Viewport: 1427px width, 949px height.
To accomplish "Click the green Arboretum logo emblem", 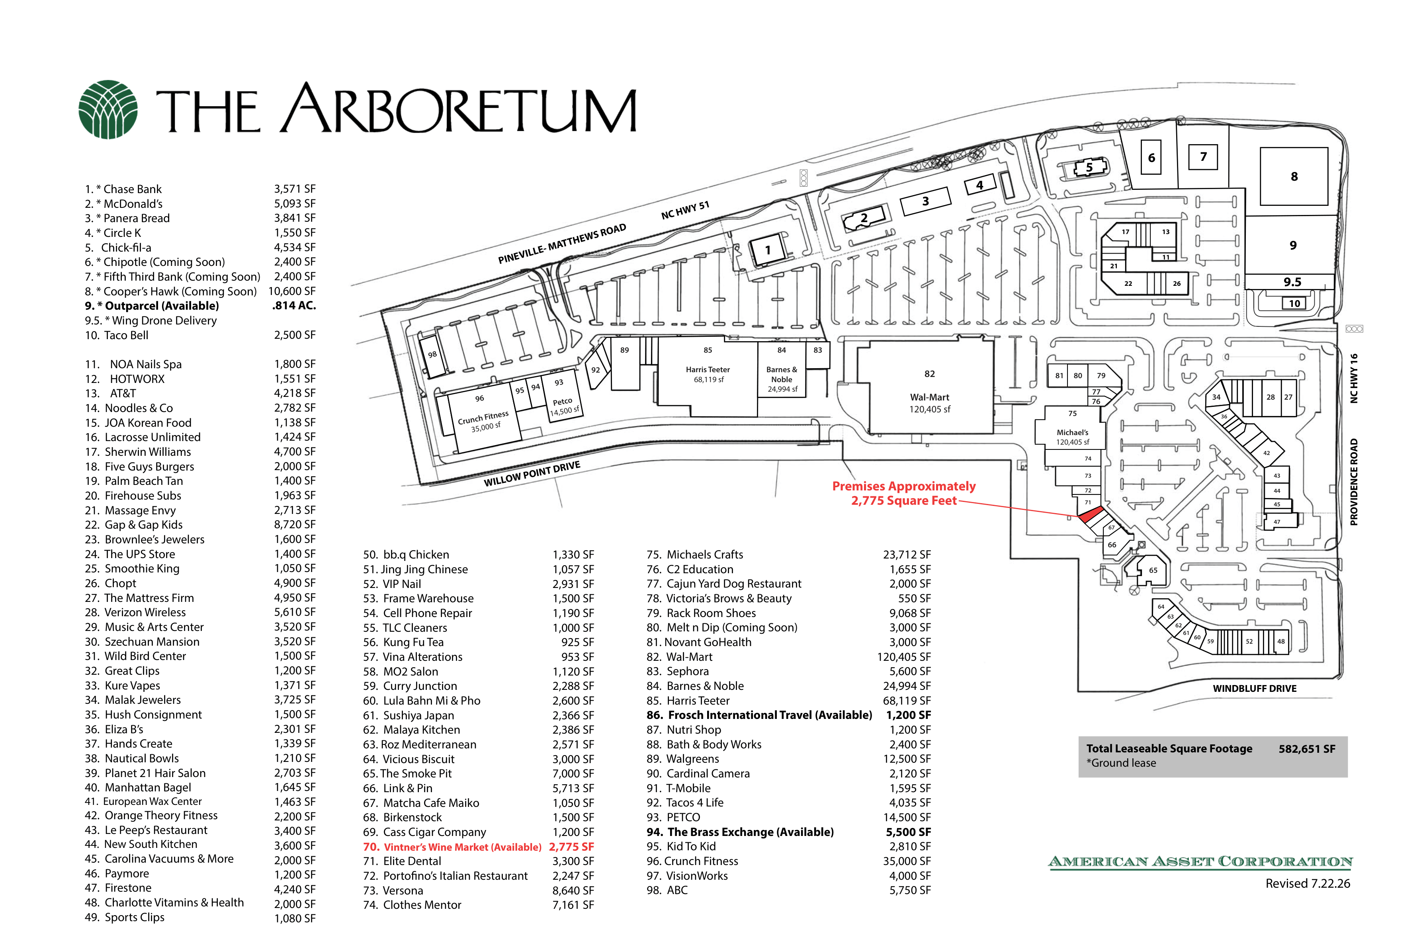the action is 108,109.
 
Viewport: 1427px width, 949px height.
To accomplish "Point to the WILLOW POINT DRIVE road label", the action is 532,473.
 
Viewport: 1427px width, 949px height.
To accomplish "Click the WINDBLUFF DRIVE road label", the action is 1255,688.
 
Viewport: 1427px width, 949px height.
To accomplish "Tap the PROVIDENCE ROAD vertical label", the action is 1354,482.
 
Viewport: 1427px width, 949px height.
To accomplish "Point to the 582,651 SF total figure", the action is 1307,749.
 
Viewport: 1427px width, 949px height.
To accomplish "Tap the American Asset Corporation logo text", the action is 1200,861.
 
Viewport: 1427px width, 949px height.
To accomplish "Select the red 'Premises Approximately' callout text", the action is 903,486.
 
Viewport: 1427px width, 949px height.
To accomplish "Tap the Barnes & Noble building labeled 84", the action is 782,370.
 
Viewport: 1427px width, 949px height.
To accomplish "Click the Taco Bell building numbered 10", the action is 1294,304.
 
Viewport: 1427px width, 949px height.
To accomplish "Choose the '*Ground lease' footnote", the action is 1121,763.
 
